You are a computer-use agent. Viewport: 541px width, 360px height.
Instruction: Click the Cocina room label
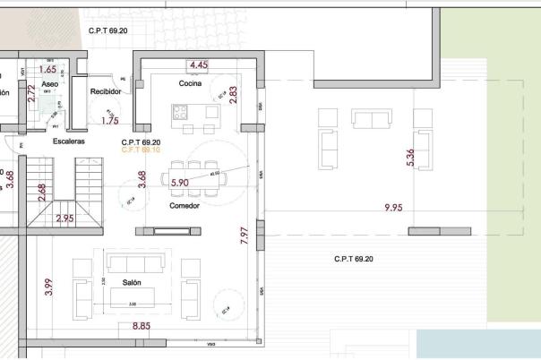(x=189, y=84)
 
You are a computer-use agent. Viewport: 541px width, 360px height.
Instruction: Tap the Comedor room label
(x=184, y=205)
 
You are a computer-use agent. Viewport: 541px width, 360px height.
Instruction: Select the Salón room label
(x=132, y=282)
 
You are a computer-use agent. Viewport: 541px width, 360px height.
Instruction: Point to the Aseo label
(x=50, y=83)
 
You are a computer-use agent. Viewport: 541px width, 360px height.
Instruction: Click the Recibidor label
(x=106, y=91)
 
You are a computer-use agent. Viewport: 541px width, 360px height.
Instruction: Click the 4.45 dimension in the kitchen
(x=199, y=65)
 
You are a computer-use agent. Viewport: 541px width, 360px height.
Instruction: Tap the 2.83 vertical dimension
(x=234, y=96)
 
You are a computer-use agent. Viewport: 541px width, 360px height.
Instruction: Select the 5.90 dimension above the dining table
(x=180, y=183)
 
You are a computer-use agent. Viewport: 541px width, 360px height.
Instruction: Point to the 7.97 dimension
(x=245, y=236)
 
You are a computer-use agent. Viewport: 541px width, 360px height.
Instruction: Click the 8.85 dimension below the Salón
(x=141, y=327)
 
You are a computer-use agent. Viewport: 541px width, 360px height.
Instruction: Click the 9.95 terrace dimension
(x=394, y=208)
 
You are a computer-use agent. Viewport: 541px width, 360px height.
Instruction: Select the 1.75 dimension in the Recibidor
(x=111, y=120)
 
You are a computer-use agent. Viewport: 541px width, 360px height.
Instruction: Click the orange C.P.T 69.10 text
(x=141, y=150)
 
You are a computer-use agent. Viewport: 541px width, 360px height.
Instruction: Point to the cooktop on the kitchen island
(x=179, y=113)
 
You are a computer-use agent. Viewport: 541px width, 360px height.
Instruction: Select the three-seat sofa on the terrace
(x=371, y=119)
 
